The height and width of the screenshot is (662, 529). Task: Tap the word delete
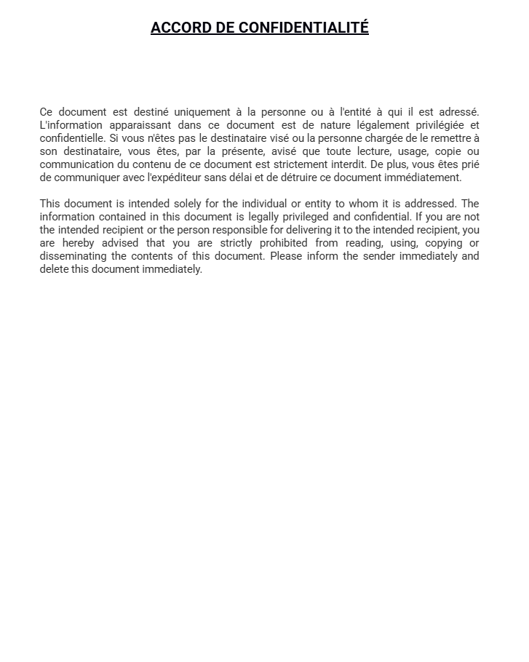click(x=54, y=269)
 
